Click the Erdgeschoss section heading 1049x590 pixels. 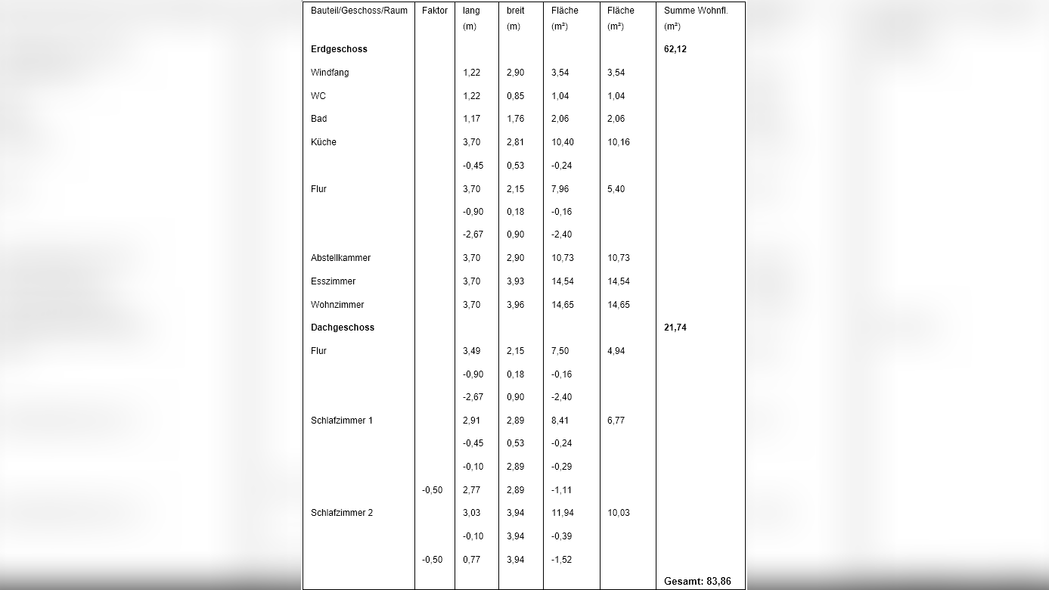point(339,49)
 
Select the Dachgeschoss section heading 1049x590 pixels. point(343,328)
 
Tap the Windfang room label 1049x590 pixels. point(330,73)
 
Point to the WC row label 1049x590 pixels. point(318,96)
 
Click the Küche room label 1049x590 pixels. point(324,142)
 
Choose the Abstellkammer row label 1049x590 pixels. point(340,258)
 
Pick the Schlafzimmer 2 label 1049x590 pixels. point(342,513)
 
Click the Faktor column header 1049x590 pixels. point(435,11)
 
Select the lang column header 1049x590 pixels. point(471,11)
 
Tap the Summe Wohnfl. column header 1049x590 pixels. point(696,11)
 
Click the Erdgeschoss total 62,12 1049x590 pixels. point(675,49)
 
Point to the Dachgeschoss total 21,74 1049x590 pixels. point(675,328)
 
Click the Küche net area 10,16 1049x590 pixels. point(619,142)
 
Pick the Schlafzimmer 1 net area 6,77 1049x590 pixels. point(616,421)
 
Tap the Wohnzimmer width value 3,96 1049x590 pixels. point(515,305)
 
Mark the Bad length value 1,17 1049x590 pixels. point(471,119)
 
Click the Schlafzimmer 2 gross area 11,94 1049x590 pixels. point(563,513)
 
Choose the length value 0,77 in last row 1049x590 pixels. point(471,560)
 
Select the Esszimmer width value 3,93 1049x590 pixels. point(515,281)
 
